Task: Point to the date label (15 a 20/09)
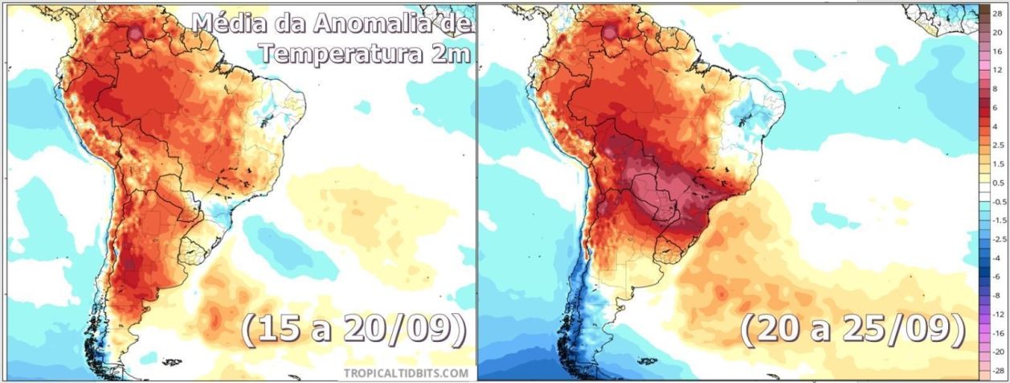354,331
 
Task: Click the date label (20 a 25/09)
852,330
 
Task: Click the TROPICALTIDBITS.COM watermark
406,373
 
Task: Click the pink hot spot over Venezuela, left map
137,33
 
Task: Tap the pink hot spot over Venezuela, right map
610,33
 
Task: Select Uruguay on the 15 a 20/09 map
194,249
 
